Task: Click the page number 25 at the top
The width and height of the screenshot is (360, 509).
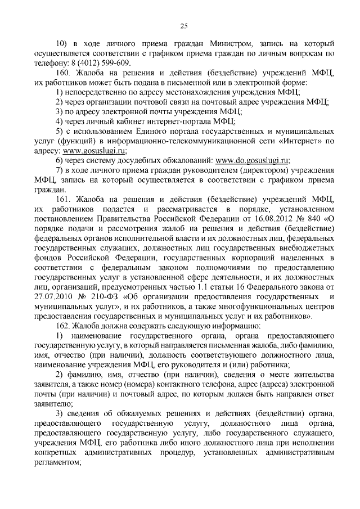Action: click(183, 24)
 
